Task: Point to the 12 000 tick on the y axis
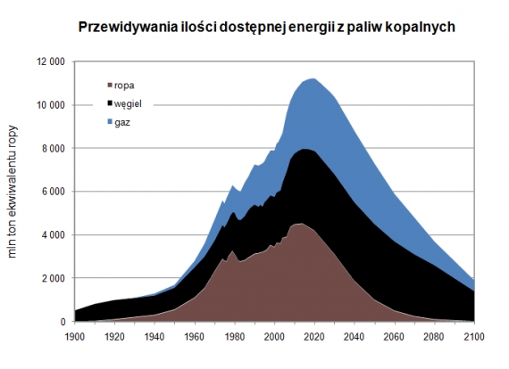pos(49,61)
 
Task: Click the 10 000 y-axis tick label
pos(49,105)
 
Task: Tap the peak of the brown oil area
pos(299,223)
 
